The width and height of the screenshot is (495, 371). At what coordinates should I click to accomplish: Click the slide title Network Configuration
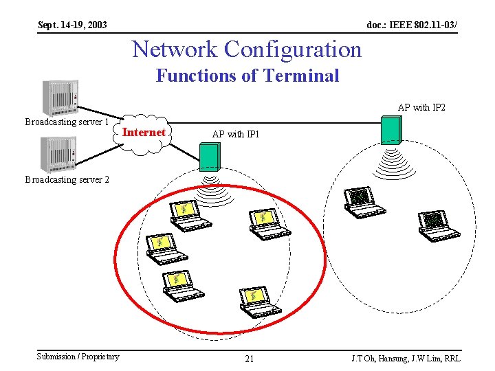coord(246,49)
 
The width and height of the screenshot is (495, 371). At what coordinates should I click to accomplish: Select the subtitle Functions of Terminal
coord(247,76)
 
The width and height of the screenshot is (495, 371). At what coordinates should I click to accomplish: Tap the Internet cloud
coord(144,132)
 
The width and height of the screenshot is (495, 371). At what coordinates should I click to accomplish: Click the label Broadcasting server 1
coord(67,122)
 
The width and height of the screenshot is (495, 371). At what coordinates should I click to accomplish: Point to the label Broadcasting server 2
coord(67,179)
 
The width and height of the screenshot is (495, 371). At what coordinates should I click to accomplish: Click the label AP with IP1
coord(236,135)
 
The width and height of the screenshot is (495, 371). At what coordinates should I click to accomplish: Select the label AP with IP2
coord(421,108)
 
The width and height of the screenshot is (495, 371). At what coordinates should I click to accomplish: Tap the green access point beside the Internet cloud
coord(209,157)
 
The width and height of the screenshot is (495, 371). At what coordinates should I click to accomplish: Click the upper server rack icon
coord(60,98)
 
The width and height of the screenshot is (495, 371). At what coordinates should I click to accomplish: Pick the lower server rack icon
coord(58,155)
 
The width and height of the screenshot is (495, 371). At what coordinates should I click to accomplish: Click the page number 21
coord(250,359)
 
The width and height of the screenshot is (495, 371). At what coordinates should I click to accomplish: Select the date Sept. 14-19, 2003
coord(72,25)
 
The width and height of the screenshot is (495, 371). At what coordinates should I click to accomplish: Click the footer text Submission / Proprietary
coord(78,356)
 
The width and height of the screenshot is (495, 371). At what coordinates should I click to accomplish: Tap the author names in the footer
coord(406,359)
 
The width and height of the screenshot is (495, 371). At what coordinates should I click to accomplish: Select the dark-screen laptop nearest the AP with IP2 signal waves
coord(362,202)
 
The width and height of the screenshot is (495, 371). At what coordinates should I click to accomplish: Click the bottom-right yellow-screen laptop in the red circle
coord(258,302)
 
